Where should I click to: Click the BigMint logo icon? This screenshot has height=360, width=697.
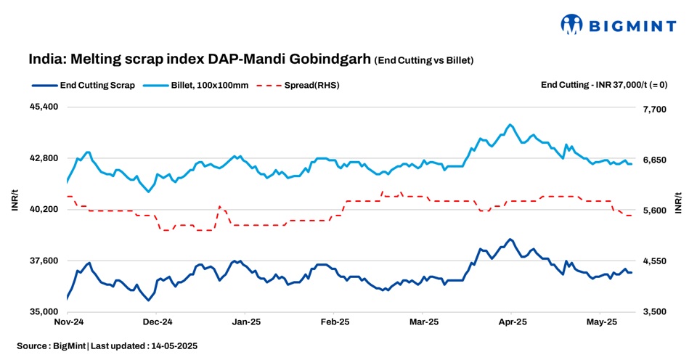tap(572, 24)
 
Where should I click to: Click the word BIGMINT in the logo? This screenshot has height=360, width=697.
tap(632, 26)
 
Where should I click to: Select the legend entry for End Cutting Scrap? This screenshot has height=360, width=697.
tap(83, 85)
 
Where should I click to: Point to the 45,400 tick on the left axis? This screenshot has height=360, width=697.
tap(44, 107)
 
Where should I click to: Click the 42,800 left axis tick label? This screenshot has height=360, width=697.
tap(44, 158)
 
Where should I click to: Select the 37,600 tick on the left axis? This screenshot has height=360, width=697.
tap(44, 261)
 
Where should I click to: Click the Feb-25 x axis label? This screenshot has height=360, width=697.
tap(335, 321)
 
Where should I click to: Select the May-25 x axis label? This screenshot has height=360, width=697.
tap(601, 321)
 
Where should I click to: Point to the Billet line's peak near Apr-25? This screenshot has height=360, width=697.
tap(510, 125)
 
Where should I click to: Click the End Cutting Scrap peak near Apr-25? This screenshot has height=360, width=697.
tap(510, 239)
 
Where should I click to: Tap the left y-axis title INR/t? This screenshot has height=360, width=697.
tap(15, 202)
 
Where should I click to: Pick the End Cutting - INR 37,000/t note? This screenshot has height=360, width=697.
tap(604, 85)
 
